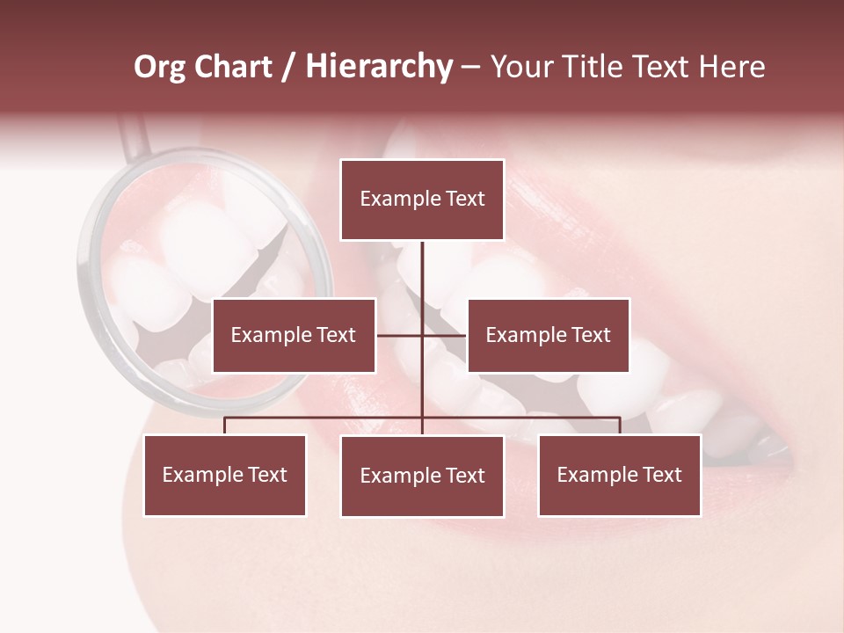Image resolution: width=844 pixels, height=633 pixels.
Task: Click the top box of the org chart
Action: pyautogui.click(x=422, y=200)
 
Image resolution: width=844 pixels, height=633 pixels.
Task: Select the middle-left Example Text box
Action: pyautogui.click(x=294, y=335)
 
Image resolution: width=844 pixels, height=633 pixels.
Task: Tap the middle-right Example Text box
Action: pyautogui.click(x=548, y=335)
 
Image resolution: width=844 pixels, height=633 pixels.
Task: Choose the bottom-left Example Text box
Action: pyautogui.click(x=224, y=475)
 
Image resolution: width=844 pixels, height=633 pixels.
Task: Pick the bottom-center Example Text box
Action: pyautogui.click(x=422, y=476)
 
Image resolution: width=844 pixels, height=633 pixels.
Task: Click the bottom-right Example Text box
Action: pyautogui.click(x=619, y=475)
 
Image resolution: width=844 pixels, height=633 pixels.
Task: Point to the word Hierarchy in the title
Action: pyautogui.click(x=379, y=67)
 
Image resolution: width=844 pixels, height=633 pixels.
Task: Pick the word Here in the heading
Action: pyautogui.click(x=731, y=67)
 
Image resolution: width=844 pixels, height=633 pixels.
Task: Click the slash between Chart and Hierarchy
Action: pyautogui.click(x=288, y=68)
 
